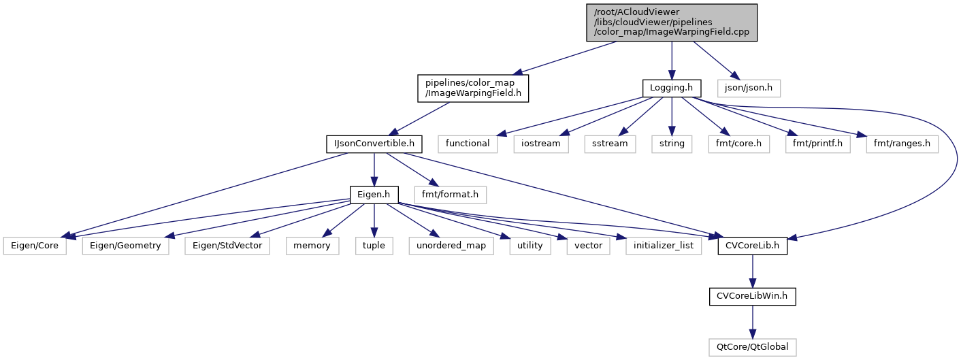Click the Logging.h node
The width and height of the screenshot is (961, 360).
tap(672, 88)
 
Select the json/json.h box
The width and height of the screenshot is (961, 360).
tap(749, 88)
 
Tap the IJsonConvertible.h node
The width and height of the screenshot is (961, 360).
tap(374, 144)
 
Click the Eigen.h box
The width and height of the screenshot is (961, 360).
tap(374, 195)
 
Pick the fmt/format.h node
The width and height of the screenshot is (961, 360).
tap(450, 195)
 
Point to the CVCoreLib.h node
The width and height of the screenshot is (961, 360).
tap(752, 245)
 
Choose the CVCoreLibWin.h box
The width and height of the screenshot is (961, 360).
tap(752, 296)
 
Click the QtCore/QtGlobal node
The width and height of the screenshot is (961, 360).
tap(752, 346)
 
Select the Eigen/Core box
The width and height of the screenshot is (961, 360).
tap(35, 245)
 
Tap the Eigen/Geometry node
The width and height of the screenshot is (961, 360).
tap(125, 245)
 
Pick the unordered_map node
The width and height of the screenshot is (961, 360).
tap(451, 245)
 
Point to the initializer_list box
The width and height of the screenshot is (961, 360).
tap(664, 245)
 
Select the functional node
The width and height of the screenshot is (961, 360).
tap(468, 144)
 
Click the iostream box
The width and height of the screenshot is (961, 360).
tap(545, 144)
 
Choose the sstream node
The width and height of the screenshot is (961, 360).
tap(610, 144)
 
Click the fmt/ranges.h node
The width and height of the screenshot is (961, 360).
tap(902, 144)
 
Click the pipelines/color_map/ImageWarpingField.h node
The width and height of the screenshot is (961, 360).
tap(473, 88)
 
